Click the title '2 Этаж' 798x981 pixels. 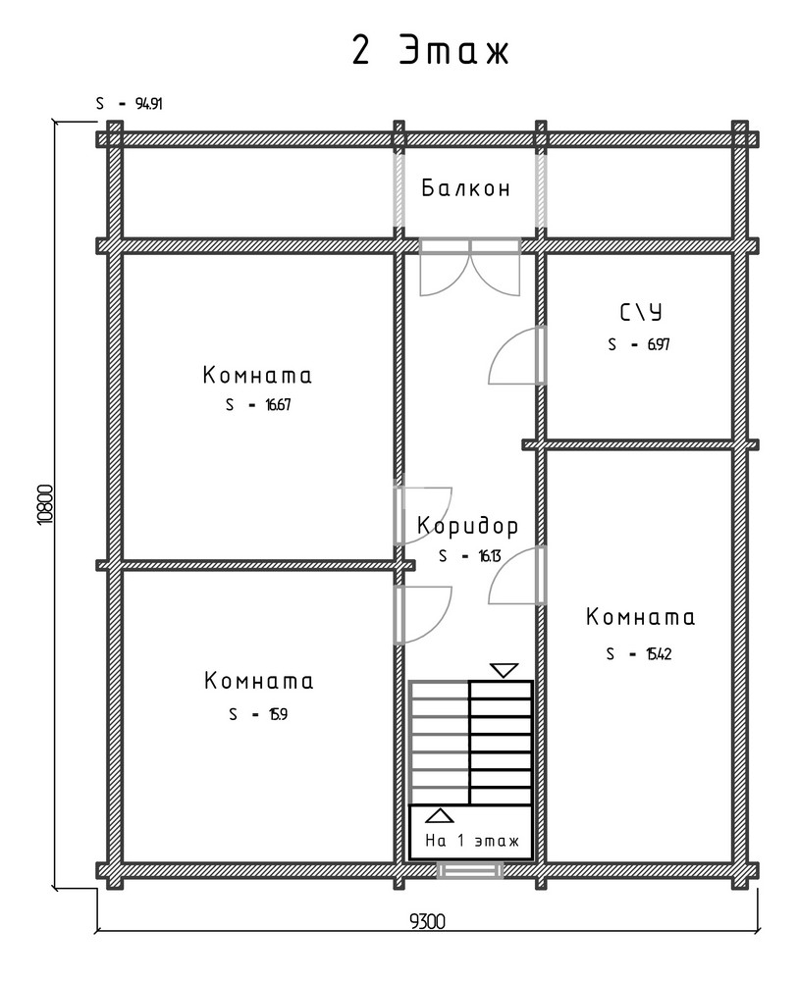[430, 50]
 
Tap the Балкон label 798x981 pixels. [465, 187]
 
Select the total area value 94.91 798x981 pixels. [149, 104]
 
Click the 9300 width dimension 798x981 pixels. [428, 922]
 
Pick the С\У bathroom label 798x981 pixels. [640, 312]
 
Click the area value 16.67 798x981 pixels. [278, 405]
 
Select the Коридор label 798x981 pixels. [467, 527]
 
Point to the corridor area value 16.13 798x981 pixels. [489, 556]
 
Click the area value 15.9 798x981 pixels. [278, 714]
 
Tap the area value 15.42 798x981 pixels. [659, 654]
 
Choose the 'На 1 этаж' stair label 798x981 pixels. [472, 841]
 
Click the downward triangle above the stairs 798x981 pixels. [504, 671]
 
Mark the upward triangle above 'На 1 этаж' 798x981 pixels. [440, 815]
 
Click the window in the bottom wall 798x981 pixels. [469, 871]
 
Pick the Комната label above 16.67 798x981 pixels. [257, 376]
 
